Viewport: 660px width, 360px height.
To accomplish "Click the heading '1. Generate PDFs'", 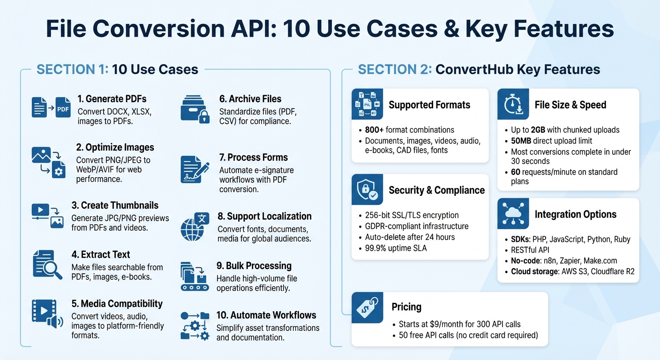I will (112, 99).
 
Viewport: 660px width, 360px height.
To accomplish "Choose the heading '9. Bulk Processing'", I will (254, 266).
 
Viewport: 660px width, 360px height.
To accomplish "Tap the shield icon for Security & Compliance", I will (367, 190).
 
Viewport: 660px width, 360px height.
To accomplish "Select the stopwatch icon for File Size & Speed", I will (513, 105).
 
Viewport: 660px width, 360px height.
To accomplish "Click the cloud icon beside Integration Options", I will (513, 214).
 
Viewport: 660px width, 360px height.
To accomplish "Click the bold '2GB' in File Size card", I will (538, 130).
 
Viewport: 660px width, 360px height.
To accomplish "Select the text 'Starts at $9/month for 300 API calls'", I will (459, 324).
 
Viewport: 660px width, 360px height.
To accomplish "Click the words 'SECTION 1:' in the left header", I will (72, 69).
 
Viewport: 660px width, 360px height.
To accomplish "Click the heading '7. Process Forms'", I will (254, 157).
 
